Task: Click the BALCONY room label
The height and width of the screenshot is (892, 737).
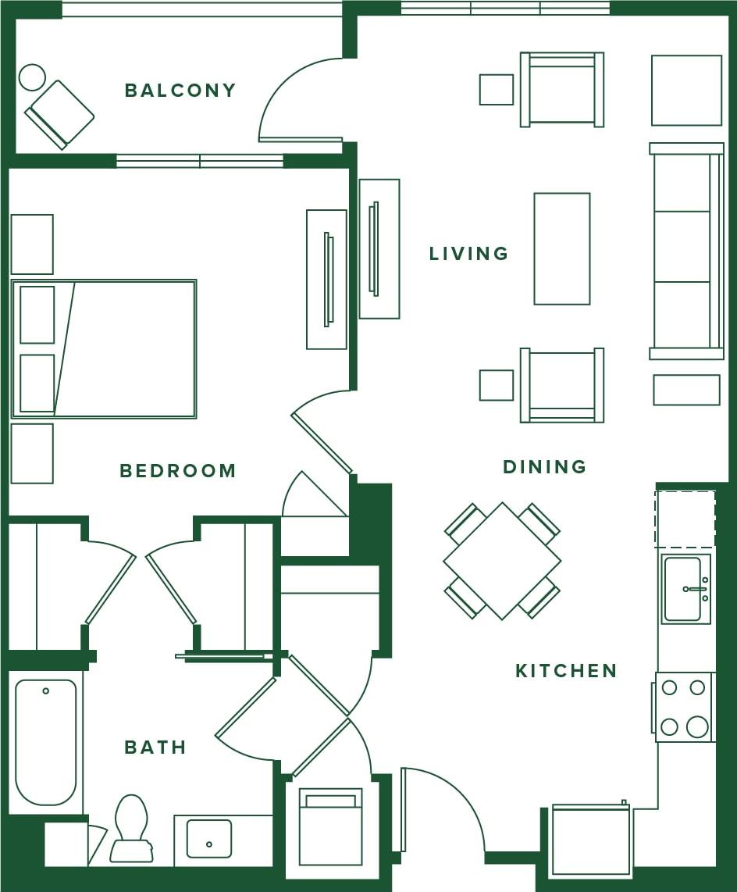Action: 180,91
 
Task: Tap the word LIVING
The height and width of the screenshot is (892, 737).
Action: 468,254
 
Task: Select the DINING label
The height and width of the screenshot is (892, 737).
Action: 544,467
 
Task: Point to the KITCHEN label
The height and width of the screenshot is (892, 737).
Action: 566,671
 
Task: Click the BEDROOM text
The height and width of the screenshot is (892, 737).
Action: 178,471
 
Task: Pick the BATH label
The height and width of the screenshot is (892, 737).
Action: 155,747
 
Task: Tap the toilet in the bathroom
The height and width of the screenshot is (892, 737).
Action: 130,828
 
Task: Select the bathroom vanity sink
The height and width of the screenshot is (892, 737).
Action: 208,838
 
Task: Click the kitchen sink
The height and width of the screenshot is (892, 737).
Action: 684,589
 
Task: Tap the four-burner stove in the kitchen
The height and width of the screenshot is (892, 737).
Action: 684,707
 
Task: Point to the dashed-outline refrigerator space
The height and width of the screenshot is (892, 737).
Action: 685,519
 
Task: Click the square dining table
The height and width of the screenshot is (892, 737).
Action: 502,561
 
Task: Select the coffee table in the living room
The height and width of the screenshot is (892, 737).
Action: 561,248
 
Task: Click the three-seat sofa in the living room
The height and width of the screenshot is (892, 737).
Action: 685,250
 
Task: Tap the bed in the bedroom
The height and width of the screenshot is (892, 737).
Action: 104,348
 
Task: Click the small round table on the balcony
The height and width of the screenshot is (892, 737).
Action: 32,77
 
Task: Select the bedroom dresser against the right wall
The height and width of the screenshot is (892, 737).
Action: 326,279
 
